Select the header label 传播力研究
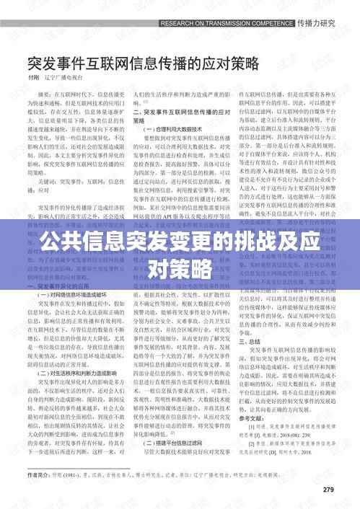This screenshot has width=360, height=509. [317, 22]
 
